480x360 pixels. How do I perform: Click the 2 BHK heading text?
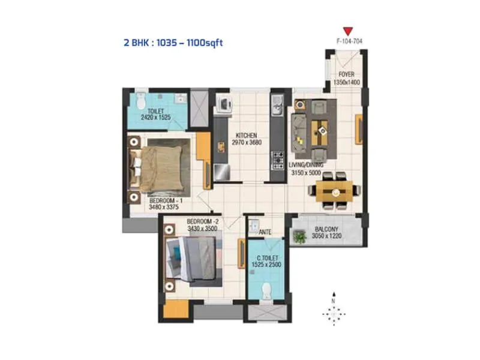tap(173, 43)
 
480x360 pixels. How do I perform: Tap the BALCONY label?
tap(325, 229)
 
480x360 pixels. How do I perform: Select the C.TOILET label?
tap(265, 256)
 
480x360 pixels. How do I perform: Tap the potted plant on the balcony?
tap(299, 237)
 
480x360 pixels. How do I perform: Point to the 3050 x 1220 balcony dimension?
tap(325, 236)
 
